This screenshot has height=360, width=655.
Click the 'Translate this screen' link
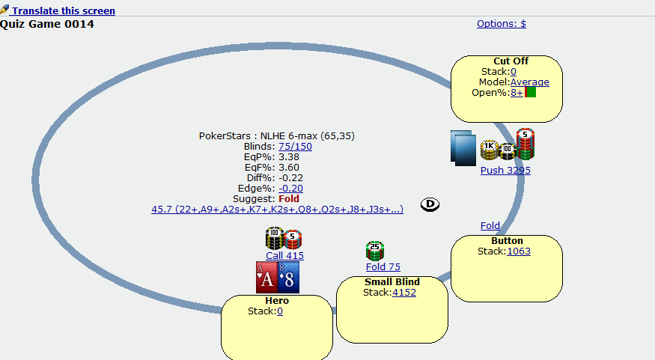pos(64,10)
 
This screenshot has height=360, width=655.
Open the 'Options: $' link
pos(502,24)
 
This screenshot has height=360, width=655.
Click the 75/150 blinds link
pos(295,147)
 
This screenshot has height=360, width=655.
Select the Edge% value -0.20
pos(290,189)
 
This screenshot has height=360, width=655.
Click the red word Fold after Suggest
pos(289,199)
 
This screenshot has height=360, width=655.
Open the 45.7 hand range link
pos(278,210)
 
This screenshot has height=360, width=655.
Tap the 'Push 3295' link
pos(505,171)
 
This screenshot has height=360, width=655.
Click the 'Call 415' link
pos(285,255)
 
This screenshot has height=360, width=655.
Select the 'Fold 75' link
pos(383,267)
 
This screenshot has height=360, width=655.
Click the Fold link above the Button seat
pos(490,226)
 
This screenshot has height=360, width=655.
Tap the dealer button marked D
pos(430,204)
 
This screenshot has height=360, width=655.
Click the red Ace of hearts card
pos(267,278)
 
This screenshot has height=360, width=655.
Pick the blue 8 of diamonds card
pos(289,278)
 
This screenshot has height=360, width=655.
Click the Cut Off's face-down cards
pos(463,148)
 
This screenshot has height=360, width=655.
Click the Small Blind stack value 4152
pos(404,293)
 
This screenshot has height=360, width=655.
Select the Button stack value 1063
pos(519,251)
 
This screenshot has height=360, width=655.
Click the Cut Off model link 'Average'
pos(530,82)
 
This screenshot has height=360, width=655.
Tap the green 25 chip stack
pos(375,251)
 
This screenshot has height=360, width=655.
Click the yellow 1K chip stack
pos(489,150)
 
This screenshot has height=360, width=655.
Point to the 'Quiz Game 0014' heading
pos(46,24)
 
